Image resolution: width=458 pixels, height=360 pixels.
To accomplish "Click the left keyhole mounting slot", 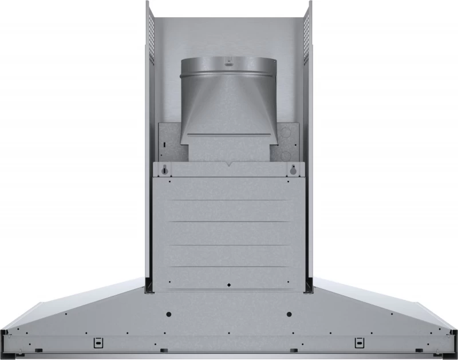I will [165, 170].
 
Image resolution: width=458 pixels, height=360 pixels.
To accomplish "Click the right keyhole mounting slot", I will [293, 170].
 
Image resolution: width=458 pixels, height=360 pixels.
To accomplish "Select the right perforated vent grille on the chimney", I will [306, 31].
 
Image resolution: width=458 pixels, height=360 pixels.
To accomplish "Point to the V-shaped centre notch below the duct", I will [228, 165].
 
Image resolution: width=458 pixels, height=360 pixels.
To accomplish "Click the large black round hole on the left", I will [169, 314].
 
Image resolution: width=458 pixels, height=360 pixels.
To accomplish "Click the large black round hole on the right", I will [289, 314].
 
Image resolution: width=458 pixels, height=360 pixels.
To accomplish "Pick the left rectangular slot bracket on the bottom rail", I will [97, 342].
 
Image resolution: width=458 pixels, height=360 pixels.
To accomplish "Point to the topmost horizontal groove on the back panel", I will [228, 200].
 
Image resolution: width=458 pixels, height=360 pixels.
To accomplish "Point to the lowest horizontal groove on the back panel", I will [228, 266].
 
